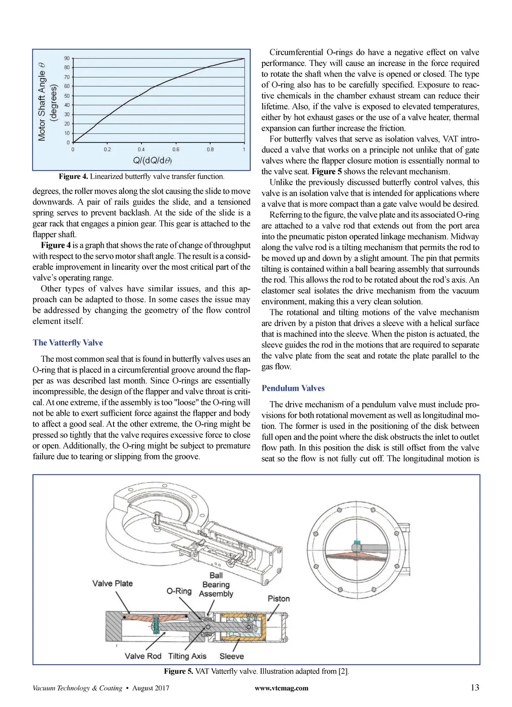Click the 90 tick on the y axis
67,58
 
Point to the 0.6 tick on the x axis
176,149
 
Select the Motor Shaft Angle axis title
42,101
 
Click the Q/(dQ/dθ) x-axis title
152,160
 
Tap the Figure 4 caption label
73,177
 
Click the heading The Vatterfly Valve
67,343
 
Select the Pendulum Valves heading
293,388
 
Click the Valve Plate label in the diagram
113,583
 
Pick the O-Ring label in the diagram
179,591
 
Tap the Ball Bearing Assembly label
216,585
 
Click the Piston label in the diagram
279,599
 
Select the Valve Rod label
143,656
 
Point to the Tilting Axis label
187,656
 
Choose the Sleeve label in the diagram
232,656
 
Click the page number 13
474,687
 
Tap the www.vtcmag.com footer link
281,688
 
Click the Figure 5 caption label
178,671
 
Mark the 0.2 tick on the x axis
107,149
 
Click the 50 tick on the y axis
67,96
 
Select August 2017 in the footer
151,688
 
